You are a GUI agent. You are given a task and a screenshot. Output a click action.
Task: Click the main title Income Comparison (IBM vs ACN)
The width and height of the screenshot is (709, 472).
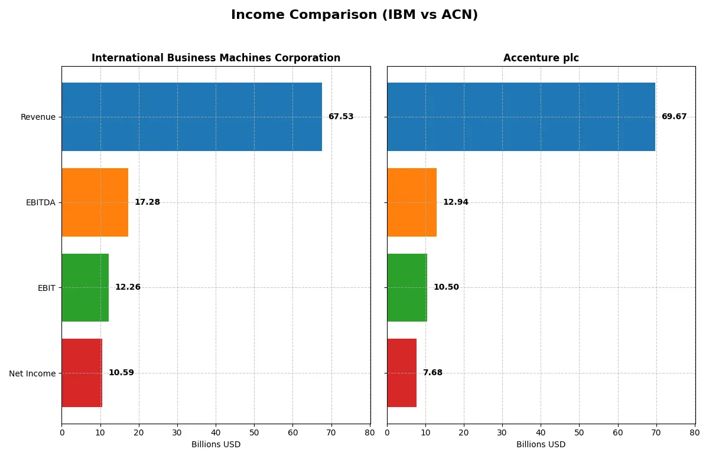point(354,15)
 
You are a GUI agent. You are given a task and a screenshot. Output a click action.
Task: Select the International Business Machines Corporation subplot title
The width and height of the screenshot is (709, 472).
point(216,58)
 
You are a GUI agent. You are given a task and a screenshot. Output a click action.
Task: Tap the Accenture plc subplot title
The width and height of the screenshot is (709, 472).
point(541,58)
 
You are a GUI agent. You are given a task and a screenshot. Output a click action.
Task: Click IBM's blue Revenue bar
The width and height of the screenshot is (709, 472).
point(191,117)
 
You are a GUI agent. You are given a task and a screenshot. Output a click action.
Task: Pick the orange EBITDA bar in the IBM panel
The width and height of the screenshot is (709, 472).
point(95,202)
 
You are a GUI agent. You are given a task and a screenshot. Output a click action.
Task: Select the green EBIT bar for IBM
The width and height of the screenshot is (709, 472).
point(85,287)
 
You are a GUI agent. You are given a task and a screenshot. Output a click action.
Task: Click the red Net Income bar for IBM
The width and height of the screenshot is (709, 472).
point(82,373)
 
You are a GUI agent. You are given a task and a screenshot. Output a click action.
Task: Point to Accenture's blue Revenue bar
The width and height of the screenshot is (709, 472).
point(521,117)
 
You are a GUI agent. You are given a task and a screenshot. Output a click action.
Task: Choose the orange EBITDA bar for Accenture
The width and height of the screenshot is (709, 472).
point(412,202)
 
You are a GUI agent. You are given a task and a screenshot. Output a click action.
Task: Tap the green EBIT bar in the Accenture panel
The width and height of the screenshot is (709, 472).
point(407,287)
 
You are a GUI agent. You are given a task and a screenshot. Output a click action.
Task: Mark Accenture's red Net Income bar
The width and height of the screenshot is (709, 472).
point(402,373)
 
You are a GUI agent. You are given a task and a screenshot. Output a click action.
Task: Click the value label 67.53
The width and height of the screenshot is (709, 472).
point(341,117)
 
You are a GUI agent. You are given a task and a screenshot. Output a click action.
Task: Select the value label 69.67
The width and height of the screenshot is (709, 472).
point(674,117)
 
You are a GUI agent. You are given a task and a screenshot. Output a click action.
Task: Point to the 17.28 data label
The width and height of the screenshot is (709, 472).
point(147,202)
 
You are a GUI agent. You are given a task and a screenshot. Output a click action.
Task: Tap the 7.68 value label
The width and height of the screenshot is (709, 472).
point(432,373)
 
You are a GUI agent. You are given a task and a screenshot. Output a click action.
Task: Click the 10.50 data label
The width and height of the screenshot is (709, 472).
point(446,287)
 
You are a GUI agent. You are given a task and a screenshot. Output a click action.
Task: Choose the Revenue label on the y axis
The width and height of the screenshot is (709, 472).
point(38,117)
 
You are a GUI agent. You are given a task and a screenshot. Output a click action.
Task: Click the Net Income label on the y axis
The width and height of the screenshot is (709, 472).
point(32,373)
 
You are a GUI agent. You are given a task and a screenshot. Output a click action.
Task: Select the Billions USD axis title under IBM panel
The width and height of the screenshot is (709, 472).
point(216,444)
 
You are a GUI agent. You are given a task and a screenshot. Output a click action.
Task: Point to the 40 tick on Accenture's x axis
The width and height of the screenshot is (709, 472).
point(541,432)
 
